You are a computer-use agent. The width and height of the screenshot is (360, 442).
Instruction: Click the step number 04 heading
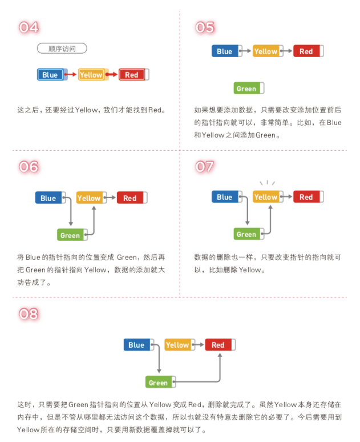pyautogui.click(x=29, y=27)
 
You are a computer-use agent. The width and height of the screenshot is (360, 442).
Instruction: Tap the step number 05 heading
pyautogui.click(x=205, y=27)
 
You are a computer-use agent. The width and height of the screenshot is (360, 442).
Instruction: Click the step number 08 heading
pyautogui.click(x=29, y=314)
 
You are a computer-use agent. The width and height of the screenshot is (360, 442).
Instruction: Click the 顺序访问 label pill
pyautogui.click(x=62, y=49)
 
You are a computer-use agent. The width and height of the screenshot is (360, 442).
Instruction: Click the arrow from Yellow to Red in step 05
pyautogui.click(x=287, y=51)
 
